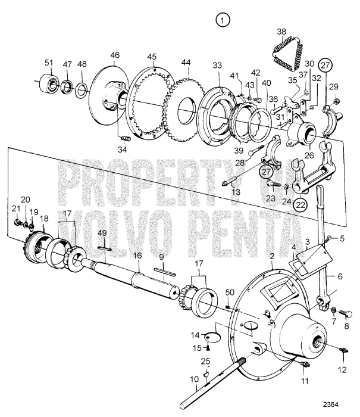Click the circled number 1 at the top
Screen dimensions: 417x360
pos(223,21)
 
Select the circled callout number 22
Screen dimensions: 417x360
pos(301,204)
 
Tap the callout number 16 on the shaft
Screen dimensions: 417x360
pos(137,256)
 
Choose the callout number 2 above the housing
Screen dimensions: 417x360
pos(272,256)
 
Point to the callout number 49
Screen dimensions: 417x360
pos(102,232)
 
